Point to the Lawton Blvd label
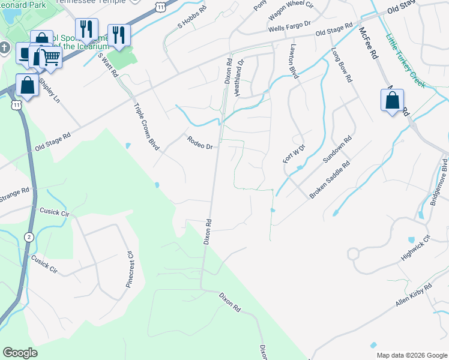click(x=294, y=61)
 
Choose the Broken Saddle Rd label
click(x=329, y=180)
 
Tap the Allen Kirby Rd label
click(x=414, y=296)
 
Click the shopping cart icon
click(x=51, y=58)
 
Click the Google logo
click(x=20, y=352)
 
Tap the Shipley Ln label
click(x=49, y=91)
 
